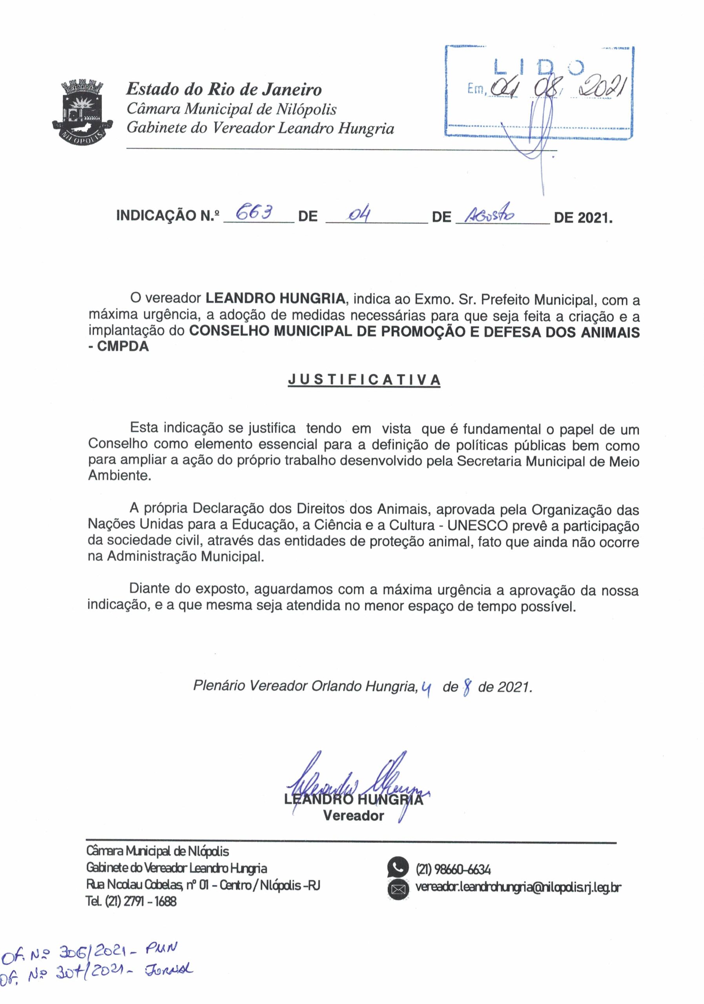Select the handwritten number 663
pyautogui.click(x=254, y=213)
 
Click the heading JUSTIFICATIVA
pyautogui.click(x=364, y=380)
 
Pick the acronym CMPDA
pyautogui.click(x=123, y=347)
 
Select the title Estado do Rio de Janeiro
pyautogui.click(x=224, y=90)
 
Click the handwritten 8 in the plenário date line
pyautogui.click(x=468, y=688)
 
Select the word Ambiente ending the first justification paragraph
pyautogui.click(x=119, y=476)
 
